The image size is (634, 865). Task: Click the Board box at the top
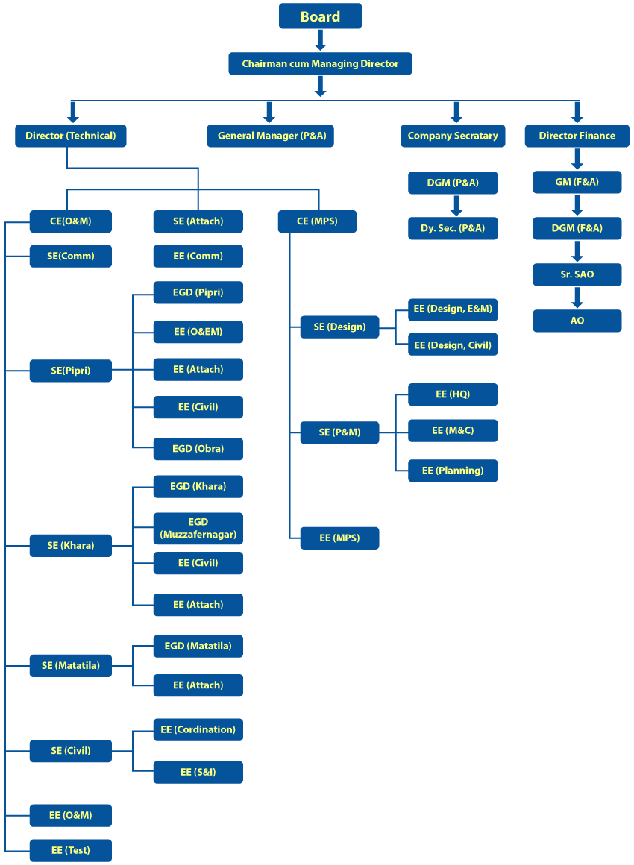coord(320,16)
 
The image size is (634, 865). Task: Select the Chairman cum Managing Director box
coord(320,64)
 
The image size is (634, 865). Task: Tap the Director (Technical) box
coord(71,136)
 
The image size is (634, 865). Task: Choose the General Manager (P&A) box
coord(270,136)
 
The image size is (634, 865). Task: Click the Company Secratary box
coord(453,136)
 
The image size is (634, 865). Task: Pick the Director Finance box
coord(577,136)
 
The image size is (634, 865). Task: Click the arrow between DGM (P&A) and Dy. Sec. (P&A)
coord(453,205)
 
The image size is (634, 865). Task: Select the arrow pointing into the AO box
coord(577,298)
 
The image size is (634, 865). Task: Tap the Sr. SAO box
coord(577,274)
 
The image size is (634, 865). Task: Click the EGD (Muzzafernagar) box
coord(198,528)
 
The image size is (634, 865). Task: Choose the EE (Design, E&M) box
coord(453,309)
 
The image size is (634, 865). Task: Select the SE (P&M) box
coord(339,432)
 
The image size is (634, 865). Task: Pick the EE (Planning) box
coord(453,471)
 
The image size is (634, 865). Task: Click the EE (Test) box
coord(71,850)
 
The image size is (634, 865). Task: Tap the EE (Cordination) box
coord(198,729)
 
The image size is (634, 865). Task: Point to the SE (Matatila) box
coord(71,665)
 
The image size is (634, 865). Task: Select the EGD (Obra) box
coord(198,449)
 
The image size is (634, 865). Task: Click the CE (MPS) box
coord(317,221)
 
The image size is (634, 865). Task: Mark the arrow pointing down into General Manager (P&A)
coord(269,113)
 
